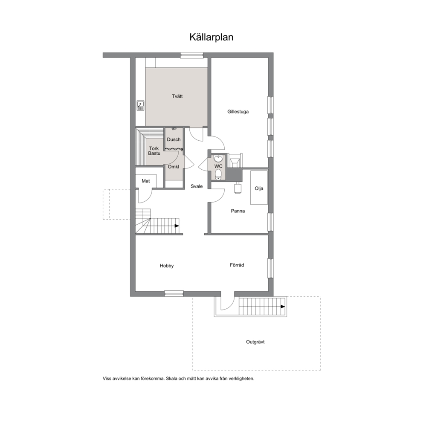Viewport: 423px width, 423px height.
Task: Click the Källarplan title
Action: pyautogui.click(x=211, y=37)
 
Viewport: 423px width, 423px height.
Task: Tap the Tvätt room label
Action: pyautogui.click(x=177, y=96)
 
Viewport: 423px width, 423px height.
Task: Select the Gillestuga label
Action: pyautogui.click(x=238, y=112)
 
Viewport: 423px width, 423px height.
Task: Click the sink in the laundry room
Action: pyautogui.click(x=140, y=105)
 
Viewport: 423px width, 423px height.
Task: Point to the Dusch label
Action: pyautogui.click(x=174, y=139)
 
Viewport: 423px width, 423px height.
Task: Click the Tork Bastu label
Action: pyautogui.click(x=154, y=151)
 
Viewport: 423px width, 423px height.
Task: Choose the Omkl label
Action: pyautogui.click(x=174, y=167)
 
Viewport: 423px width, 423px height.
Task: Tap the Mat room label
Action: pyautogui.click(x=146, y=181)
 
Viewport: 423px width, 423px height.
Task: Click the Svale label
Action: pyautogui.click(x=197, y=186)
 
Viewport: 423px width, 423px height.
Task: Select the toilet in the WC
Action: pyautogui.click(x=218, y=174)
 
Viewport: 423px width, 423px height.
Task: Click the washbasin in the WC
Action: pyautogui.click(x=218, y=158)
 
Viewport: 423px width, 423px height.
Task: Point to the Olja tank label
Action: pyautogui.click(x=259, y=188)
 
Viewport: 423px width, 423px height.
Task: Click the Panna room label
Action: pyautogui.click(x=238, y=211)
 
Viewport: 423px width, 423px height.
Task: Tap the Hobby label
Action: pyautogui.click(x=167, y=266)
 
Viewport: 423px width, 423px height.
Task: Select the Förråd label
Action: pyautogui.click(x=237, y=265)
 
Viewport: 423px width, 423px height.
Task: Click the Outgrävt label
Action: pyautogui.click(x=255, y=342)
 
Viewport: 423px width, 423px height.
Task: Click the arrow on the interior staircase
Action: pyautogui.click(x=177, y=226)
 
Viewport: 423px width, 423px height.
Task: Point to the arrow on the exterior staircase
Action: pyautogui.click(x=283, y=307)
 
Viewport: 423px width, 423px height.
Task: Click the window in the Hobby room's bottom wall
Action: pyautogui.click(x=174, y=293)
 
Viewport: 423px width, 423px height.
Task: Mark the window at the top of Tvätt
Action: pyautogui.click(x=192, y=55)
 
